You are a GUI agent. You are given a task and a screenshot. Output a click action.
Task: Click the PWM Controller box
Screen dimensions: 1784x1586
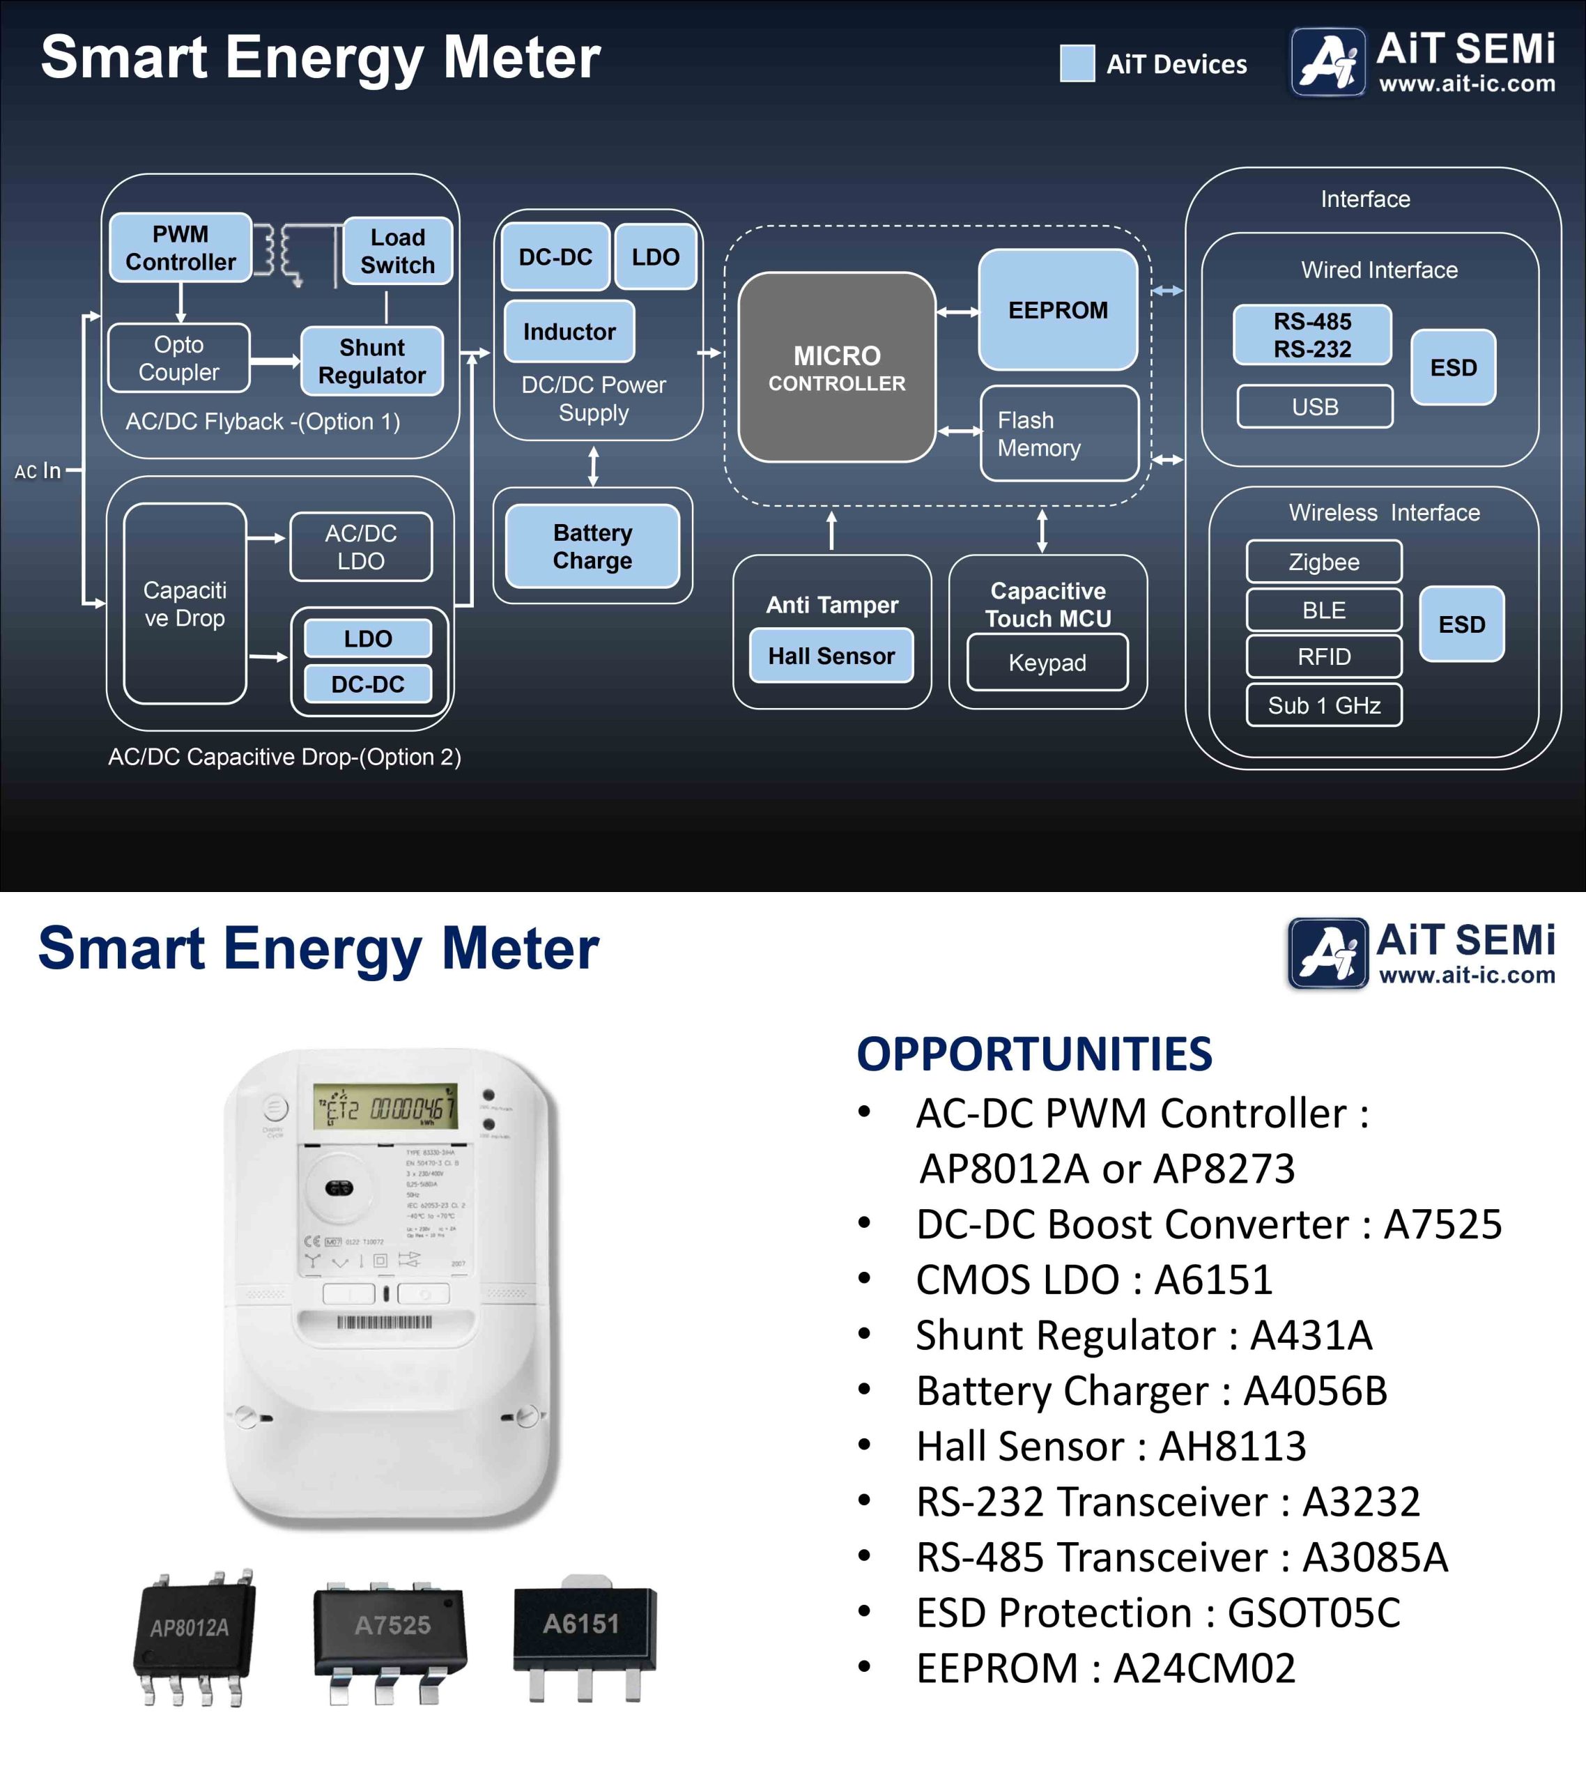click(180, 248)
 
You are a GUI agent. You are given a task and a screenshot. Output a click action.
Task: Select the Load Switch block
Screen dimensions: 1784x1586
click(397, 252)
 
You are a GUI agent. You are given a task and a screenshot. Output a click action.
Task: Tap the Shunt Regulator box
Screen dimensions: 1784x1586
click(372, 362)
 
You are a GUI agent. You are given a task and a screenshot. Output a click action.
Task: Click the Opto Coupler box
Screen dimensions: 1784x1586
click(179, 358)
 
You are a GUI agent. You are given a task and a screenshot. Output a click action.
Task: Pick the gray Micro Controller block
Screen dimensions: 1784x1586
click(836, 367)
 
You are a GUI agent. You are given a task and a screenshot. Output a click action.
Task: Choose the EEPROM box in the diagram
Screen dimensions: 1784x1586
click(1057, 310)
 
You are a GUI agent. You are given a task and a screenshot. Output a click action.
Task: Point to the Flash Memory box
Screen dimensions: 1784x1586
click(1058, 433)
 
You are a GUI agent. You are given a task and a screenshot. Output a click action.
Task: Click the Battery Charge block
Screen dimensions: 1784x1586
click(593, 546)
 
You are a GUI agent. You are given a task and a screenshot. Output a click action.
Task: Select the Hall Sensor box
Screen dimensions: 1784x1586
click(831, 656)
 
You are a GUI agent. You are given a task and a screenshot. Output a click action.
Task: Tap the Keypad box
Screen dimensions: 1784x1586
click(1047, 663)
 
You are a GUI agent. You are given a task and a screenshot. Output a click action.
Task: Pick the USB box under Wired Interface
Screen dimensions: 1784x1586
click(1314, 407)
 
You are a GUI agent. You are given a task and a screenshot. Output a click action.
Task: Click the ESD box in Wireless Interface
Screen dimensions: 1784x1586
click(1461, 624)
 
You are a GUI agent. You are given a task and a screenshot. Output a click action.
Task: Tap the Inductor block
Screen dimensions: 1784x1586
click(569, 332)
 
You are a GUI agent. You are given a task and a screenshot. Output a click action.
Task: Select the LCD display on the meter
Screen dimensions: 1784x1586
click(386, 1107)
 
